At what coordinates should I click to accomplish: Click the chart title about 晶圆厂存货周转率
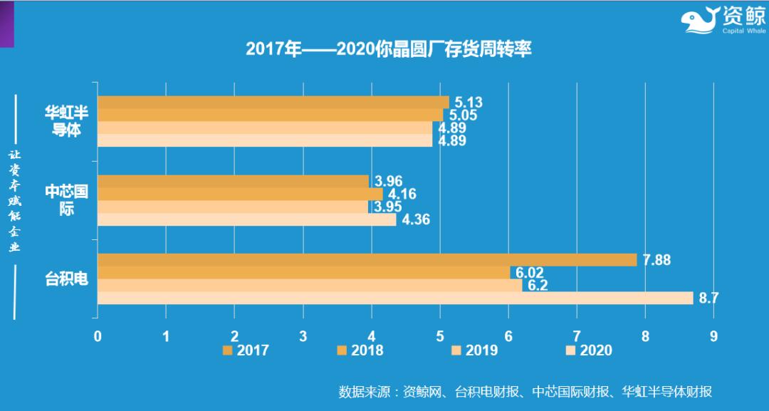point(388,49)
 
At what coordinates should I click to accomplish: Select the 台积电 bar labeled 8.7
point(395,298)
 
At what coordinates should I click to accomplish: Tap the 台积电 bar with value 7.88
point(367,260)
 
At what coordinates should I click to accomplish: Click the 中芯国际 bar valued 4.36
point(246,219)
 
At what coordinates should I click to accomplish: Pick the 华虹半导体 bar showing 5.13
point(273,102)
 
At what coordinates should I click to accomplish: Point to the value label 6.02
point(529,273)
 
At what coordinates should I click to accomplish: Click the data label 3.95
point(388,207)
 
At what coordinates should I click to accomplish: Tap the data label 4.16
point(402,194)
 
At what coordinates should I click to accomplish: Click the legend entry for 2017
point(246,350)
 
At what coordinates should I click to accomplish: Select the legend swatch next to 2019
point(455,350)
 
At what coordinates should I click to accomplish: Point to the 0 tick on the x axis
point(98,336)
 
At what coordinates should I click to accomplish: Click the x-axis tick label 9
point(713,336)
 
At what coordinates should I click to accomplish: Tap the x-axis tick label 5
point(439,336)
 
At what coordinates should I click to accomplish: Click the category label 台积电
point(66,279)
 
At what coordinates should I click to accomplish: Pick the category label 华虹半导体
point(68,122)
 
